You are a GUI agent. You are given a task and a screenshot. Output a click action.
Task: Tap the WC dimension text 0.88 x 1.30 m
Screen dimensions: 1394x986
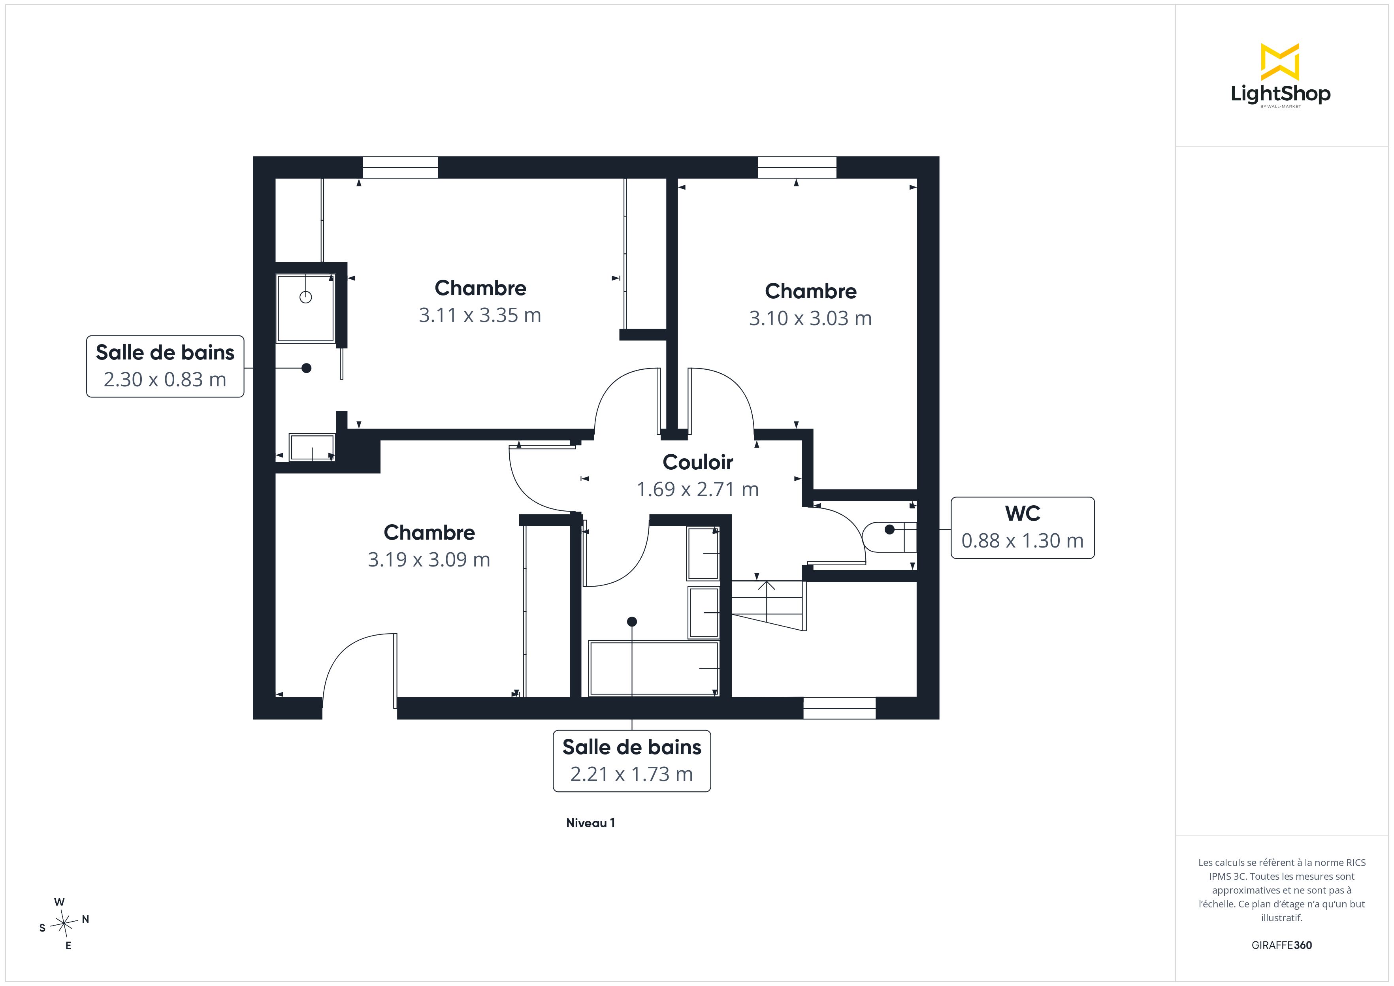1023,540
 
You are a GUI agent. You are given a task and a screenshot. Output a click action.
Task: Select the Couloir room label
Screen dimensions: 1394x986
698,462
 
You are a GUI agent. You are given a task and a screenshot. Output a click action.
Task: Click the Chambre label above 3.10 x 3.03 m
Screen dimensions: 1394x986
810,292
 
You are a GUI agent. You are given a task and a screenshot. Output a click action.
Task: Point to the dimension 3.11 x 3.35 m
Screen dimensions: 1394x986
480,315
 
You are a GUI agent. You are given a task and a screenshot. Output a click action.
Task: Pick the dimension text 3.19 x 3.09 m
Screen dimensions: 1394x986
429,559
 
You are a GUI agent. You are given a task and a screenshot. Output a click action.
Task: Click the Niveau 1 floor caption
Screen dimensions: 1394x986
590,823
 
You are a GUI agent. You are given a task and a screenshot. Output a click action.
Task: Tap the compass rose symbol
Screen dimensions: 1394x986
64,924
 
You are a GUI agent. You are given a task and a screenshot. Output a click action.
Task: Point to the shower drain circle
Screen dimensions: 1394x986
306,297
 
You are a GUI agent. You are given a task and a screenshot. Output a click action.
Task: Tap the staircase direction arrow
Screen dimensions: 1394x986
766,601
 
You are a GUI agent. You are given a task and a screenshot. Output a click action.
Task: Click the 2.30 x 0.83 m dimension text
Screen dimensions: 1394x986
164,380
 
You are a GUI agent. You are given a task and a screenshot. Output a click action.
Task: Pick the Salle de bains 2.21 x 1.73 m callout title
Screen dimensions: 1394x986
631,747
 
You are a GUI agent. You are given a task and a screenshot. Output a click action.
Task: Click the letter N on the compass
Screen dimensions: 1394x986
86,919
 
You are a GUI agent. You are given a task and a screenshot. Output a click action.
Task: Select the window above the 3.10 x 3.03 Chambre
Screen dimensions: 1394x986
797,167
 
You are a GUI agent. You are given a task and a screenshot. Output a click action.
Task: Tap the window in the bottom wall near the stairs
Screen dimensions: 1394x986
839,708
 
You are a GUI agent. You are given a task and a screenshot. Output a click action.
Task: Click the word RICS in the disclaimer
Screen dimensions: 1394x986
1356,862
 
